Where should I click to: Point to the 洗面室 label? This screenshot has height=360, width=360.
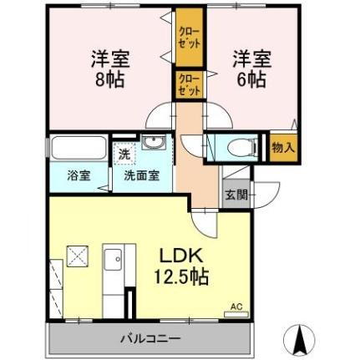tap(141, 177)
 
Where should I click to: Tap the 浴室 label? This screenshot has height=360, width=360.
tap(79, 177)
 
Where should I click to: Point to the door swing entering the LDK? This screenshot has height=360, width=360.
tap(204, 221)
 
